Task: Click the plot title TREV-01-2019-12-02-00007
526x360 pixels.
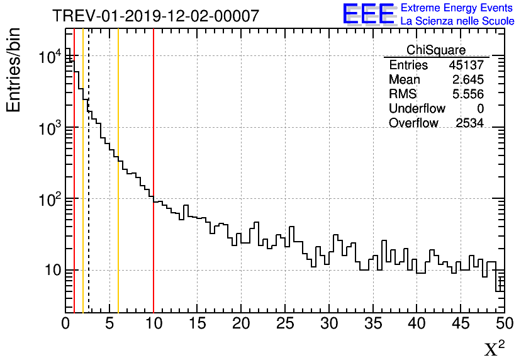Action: pos(155,16)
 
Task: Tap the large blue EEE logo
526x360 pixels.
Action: pos(369,14)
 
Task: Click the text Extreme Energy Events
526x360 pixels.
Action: pos(457,8)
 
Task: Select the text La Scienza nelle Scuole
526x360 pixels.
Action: pos(457,21)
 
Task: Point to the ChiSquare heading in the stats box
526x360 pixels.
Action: pos(436,50)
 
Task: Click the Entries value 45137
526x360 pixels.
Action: pos(466,65)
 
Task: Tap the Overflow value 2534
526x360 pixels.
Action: pos(469,123)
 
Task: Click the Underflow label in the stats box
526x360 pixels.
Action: pos(417,109)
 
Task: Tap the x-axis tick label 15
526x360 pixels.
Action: pos(198,323)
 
